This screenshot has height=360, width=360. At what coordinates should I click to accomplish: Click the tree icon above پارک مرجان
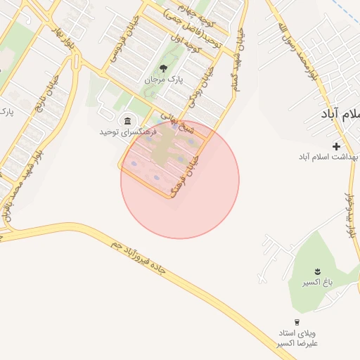163,68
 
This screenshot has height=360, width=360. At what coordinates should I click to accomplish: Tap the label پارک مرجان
163,81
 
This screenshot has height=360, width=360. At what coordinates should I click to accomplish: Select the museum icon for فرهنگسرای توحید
127,120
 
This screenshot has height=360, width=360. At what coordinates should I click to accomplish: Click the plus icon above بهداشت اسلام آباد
336,146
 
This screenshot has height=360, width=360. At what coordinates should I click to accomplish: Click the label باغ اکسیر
316,283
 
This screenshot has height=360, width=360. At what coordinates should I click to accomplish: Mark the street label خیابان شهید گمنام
237,60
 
